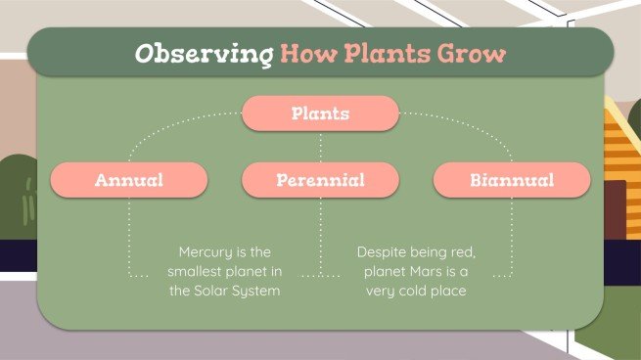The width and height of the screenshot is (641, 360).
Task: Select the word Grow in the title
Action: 478,53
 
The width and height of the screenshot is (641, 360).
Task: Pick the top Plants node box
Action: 320,114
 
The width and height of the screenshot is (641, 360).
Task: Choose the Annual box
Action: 128,180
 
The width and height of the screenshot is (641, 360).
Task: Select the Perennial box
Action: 320,180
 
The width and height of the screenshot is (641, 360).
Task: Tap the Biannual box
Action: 512,180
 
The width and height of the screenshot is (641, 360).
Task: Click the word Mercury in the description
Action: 201,251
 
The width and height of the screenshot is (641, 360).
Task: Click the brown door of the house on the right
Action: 615,209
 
